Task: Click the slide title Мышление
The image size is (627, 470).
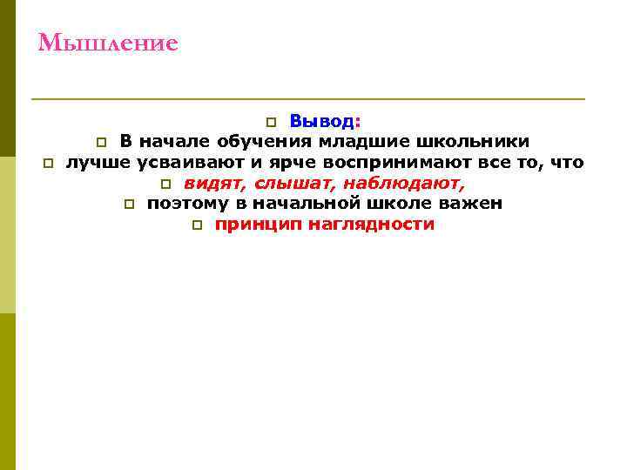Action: click(x=108, y=43)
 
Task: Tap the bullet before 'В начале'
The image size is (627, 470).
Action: click(x=101, y=142)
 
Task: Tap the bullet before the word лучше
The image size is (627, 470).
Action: click(x=49, y=163)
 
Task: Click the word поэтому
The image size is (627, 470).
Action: click(x=183, y=204)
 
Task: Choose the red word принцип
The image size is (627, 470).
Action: click(x=253, y=225)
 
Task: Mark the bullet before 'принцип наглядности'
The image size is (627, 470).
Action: click(x=197, y=225)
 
